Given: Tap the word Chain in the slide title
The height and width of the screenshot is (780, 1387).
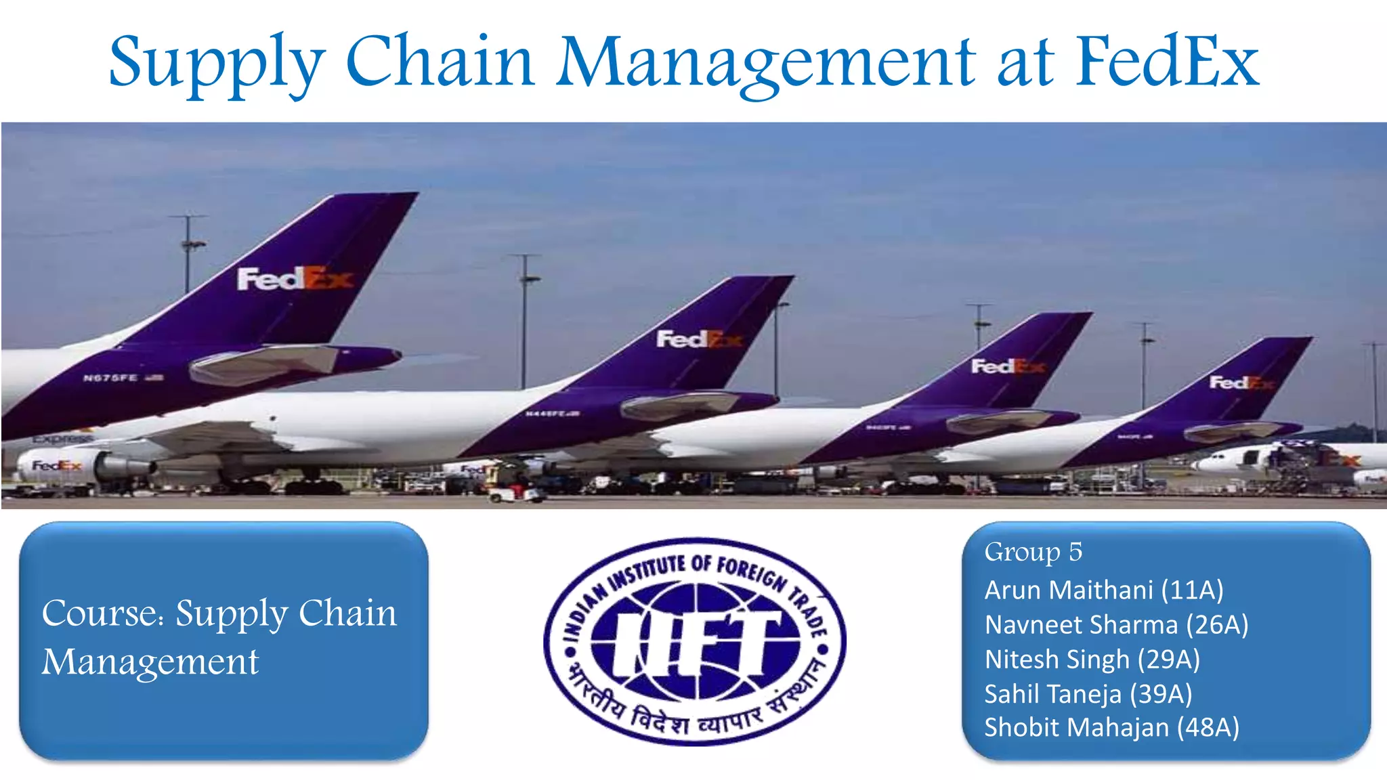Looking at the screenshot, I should (440, 62).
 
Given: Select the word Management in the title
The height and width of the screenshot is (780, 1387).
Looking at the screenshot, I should (765, 63).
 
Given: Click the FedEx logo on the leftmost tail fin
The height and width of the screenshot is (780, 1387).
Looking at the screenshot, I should (295, 278).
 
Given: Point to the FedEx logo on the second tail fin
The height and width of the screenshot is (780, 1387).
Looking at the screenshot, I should (698, 339).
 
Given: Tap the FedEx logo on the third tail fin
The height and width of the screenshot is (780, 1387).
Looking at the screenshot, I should (1007, 366).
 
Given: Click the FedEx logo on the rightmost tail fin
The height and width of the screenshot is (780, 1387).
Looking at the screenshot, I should (1241, 383).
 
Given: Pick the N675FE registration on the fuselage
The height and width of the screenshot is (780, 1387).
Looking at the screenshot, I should (110, 378).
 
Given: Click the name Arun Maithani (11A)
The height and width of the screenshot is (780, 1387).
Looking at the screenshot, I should (1103, 590).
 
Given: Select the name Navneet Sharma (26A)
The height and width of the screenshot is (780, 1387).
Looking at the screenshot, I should (1115, 624).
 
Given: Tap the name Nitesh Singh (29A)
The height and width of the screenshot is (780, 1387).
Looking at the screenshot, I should (1091, 659).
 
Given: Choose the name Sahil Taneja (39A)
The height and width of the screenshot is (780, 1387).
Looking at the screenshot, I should (1088, 693).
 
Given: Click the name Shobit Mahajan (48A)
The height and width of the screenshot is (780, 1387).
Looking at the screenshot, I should (1111, 727).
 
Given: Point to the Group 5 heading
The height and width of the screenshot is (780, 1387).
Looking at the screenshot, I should (1033, 552).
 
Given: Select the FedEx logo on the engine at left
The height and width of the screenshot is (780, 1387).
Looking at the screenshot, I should (57, 466).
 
